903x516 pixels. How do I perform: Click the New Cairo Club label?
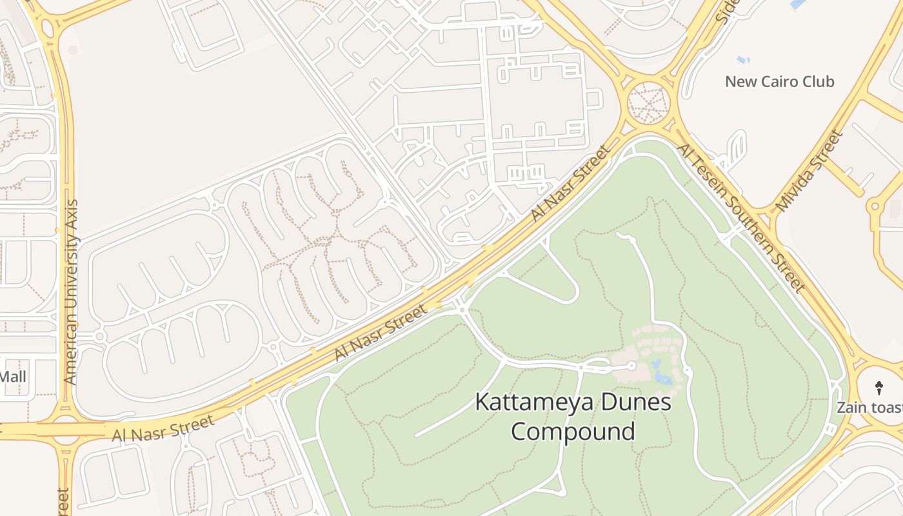779,82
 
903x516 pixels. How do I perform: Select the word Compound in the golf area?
573,431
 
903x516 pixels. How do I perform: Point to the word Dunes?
633,402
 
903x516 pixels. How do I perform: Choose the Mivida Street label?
809,171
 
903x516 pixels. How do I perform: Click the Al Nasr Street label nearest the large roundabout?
570,184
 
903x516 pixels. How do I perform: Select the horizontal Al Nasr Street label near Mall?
163,429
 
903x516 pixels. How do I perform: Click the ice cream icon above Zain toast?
878,388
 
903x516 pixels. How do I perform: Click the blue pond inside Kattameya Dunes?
660,373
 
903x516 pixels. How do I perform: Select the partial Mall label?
13,376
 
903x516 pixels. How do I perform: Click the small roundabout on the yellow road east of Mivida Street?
875,207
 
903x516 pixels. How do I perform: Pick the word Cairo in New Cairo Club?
776,82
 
